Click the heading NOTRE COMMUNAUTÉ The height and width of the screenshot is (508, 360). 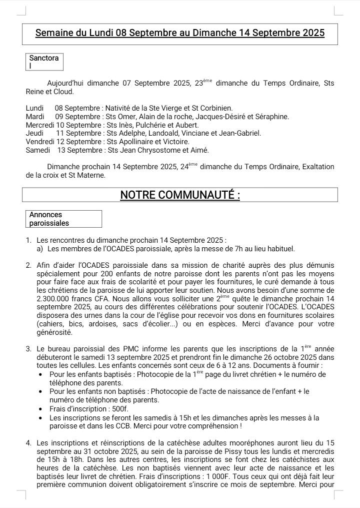(x=180, y=195)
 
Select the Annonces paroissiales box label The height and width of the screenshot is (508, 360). (x=49, y=219)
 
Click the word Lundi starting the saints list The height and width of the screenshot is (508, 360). (x=34, y=108)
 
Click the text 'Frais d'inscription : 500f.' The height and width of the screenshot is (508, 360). (x=89, y=409)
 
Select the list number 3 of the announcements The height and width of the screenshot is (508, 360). (x=29, y=349)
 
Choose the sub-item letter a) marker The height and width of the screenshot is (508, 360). (x=39, y=248)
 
